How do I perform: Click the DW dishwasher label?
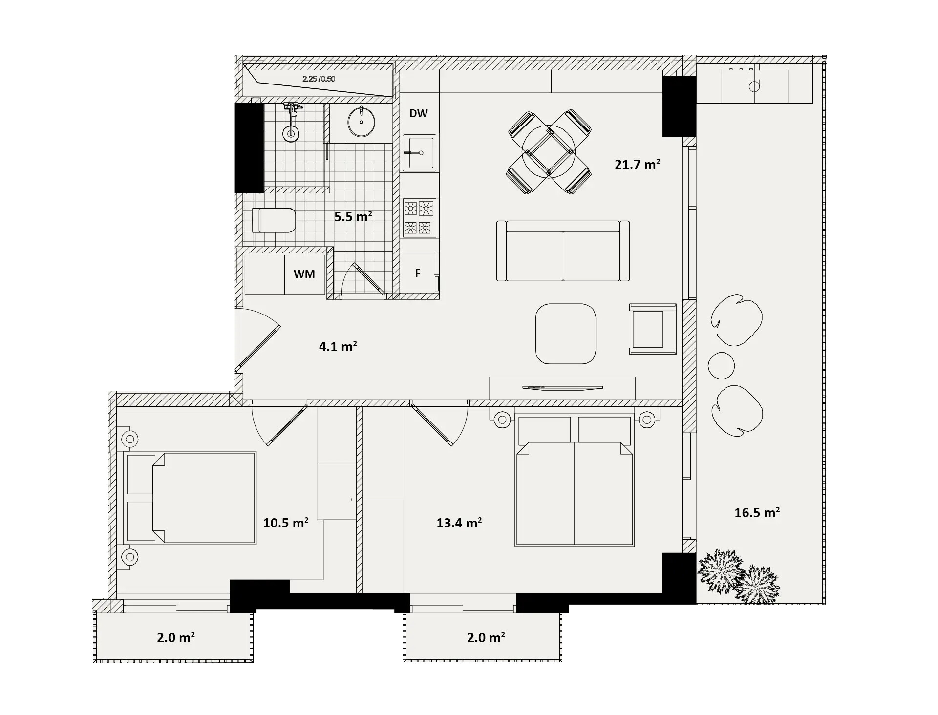[419, 113]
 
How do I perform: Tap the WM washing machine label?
[304, 274]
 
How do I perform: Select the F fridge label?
[418, 273]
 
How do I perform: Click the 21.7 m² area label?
[637, 164]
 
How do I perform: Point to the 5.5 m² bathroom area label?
[353, 216]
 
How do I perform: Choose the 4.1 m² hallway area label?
[338, 346]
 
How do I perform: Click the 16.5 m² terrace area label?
[757, 512]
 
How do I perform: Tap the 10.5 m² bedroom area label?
[286, 523]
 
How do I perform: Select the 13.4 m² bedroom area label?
[459, 523]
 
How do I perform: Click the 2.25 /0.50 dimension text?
[319, 79]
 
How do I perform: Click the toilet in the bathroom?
[274, 220]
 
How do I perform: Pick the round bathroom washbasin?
[362, 122]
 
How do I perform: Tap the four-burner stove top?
[419, 218]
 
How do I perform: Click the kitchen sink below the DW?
[419, 153]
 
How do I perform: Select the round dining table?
[549, 151]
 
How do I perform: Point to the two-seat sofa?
[563, 251]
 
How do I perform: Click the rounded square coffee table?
[566, 334]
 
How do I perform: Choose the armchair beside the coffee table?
[653, 329]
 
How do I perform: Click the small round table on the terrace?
[722, 365]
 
